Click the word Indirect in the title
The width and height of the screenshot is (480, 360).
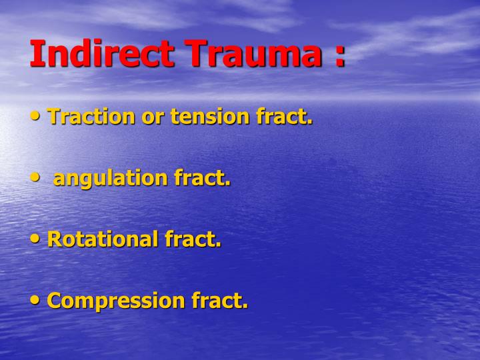[103, 53]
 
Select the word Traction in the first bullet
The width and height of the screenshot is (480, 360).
[91, 117]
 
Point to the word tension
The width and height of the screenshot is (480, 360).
[211, 117]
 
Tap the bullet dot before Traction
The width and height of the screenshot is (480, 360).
[35, 116]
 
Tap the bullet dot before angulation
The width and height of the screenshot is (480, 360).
[35, 177]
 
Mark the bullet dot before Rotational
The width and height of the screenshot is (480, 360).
[35, 239]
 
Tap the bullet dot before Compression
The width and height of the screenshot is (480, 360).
[35, 300]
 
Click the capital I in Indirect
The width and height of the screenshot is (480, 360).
[35, 53]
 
